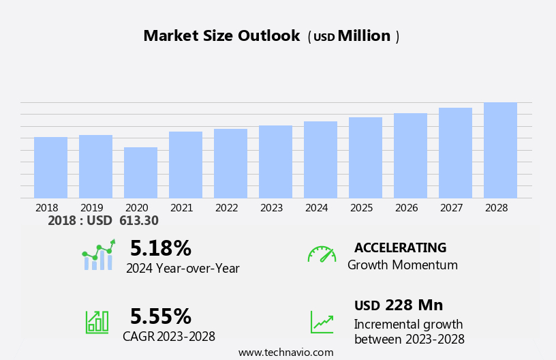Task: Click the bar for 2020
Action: click(x=140, y=173)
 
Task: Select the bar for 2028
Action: click(x=500, y=151)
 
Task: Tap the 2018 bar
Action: click(x=50, y=168)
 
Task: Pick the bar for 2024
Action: click(x=320, y=160)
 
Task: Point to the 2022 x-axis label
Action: click(x=230, y=208)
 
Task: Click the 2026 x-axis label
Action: click(x=410, y=208)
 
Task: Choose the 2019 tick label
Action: click(x=95, y=208)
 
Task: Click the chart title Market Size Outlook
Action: click(x=221, y=36)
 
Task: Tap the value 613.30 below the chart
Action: click(x=138, y=220)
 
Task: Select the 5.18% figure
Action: click(x=160, y=248)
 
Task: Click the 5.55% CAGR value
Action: click(x=160, y=316)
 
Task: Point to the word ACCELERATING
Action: click(x=400, y=248)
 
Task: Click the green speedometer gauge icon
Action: click(x=322, y=254)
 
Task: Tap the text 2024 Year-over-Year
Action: click(x=183, y=269)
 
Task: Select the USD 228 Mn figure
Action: click(x=399, y=305)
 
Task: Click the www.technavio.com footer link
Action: click(x=285, y=352)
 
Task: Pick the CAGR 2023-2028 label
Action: click(x=169, y=337)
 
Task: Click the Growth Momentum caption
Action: click(x=402, y=265)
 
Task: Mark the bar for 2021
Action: click(x=185, y=165)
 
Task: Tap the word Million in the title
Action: click(x=364, y=36)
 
